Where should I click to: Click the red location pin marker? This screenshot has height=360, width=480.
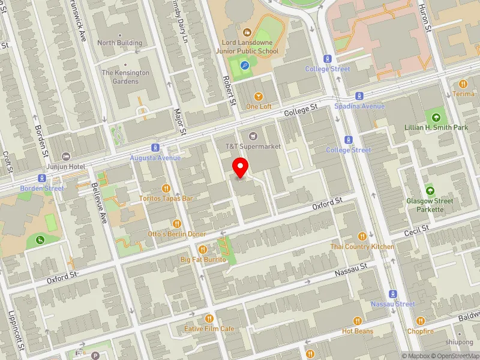pos(241,167)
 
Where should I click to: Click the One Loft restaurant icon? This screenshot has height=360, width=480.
pos(259,96)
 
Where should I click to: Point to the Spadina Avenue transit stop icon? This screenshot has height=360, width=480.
pos(359,96)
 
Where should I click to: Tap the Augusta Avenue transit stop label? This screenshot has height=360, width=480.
pos(155,158)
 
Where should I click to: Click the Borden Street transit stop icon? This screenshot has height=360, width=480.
pos(41,178)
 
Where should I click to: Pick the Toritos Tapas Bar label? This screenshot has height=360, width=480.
pos(166,198)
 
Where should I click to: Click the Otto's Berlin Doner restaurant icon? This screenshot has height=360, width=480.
pos(176,224)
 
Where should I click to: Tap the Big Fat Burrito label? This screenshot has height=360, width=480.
pos(203,259)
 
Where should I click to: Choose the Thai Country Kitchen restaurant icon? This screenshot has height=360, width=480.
pos(362,236)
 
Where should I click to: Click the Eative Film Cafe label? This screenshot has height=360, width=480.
pos(209,328)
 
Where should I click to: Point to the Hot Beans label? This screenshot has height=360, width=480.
pos(358,331)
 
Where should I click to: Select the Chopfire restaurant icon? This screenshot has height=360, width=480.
pos(420,321)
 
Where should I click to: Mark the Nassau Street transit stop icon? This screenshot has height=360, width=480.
pos(393,294)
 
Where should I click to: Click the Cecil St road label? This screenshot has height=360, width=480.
pos(417,230)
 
